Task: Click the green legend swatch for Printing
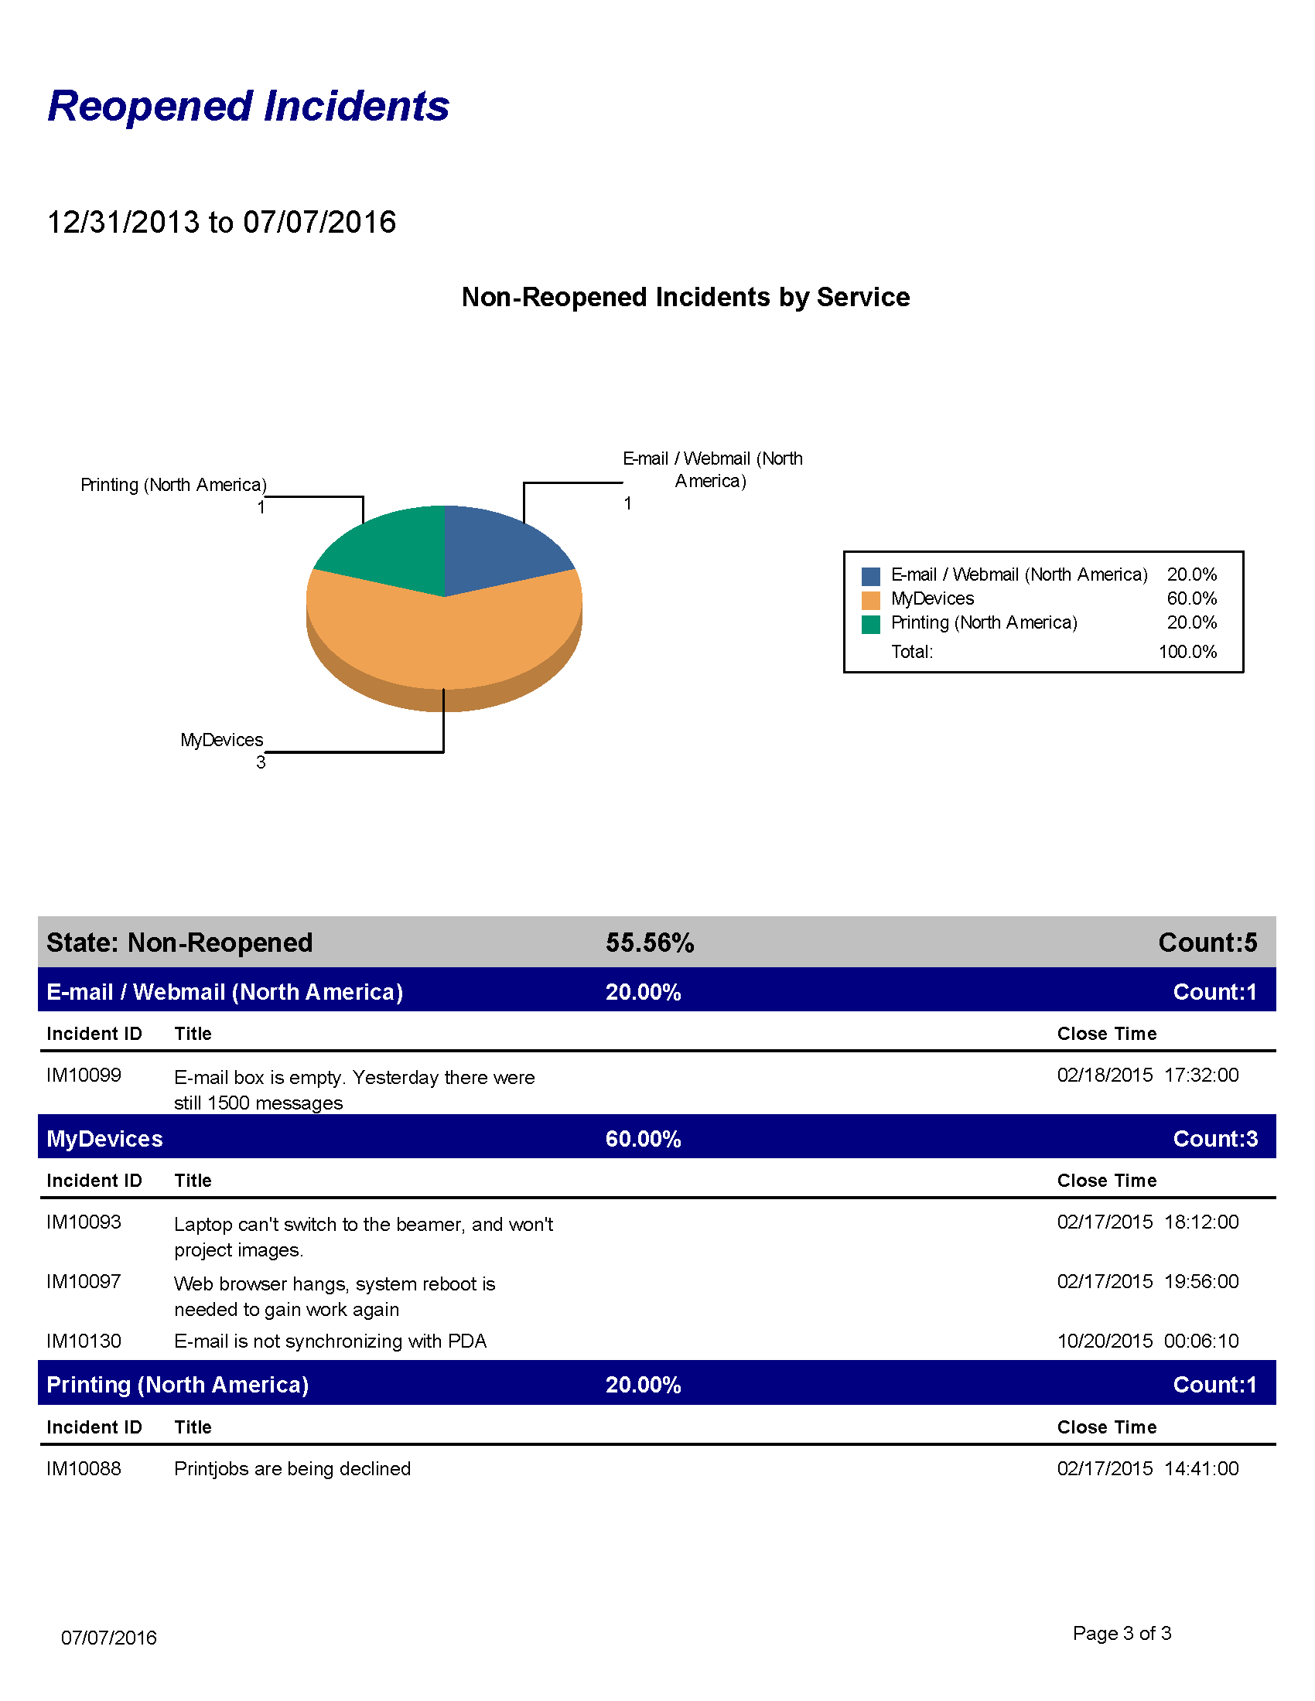click(x=870, y=624)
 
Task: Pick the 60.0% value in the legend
click(x=1191, y=598)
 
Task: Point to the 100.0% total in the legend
click(x=1187, y=652)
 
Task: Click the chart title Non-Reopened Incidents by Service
click(x=685, y=297)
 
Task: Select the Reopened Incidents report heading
click(x=248, y=106)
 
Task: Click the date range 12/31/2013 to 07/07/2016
click(x=221, y=222)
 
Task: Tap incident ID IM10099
click(x=84, y=1075)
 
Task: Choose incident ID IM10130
click(x=84, y=1341)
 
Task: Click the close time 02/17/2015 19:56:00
click(x=1147, y=1281)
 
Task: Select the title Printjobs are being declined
click(x=292, y=1468)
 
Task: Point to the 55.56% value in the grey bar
click(x=650, y=943)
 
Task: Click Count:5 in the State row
click(x=1207, y=943)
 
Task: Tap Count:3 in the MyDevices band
click(x=1215, y=1139)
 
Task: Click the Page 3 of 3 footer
click(x=1122, y=1633)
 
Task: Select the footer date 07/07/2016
click(x=109, y=1638)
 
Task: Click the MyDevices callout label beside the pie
click(x=222, y=740)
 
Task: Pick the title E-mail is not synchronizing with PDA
click(x=330, y=1341)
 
